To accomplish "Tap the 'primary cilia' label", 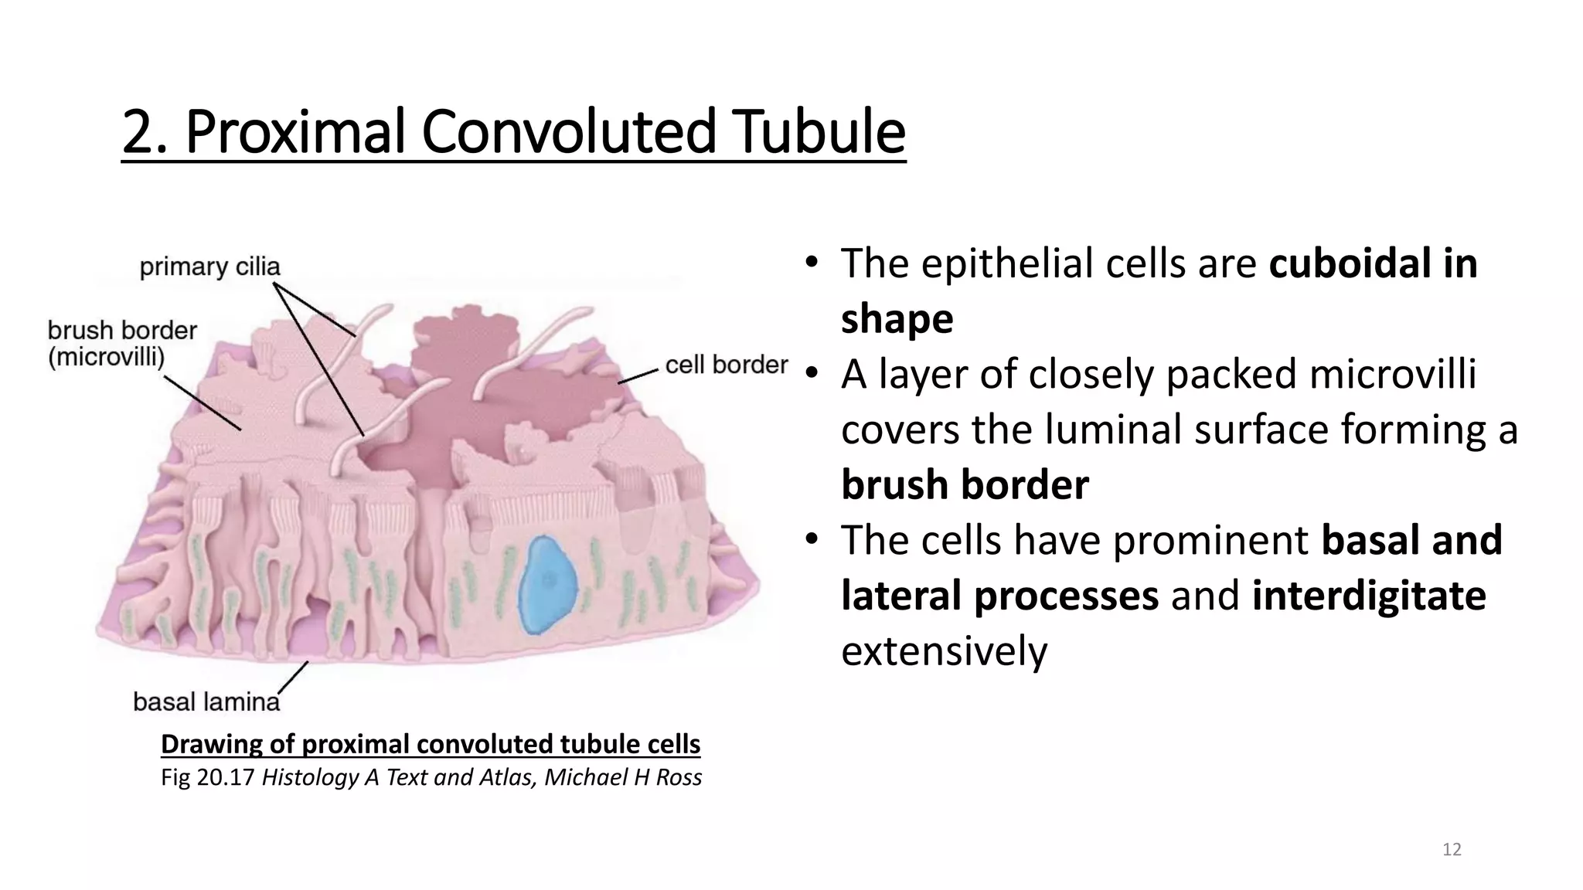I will [x=209, y=267].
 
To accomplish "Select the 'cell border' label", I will [x=726, y=365].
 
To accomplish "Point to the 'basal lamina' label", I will [x=206, y=701].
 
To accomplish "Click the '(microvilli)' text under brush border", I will [x=107, y=358].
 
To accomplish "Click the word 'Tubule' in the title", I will [x=819, y=132].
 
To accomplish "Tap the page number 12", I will [x=1452, y=850].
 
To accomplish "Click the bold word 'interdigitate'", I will [x=1368, y=596].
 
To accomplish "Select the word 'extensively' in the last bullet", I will [x=944, y=651].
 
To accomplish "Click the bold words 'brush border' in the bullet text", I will [x=965, y=485].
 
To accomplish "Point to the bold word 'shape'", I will [x=897, y=319].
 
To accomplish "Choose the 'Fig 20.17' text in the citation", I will [x=207, y=777].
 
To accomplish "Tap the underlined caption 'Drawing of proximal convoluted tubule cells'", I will [x=431, y=744].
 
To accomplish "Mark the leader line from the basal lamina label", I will [x=293, y=677].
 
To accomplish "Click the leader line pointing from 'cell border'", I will [x=638, y=377].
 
